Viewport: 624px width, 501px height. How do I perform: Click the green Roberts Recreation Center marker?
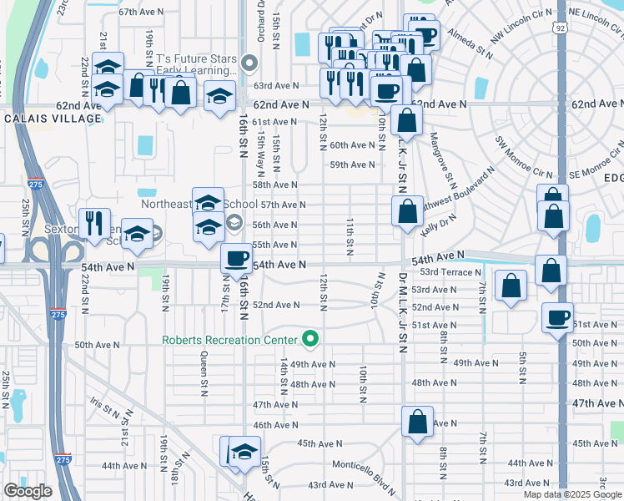point(311,339)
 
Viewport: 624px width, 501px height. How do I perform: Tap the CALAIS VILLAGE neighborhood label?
point(53,119)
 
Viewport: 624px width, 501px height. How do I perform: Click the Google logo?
point(28,491)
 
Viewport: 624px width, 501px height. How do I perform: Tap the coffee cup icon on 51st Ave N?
point(556,316)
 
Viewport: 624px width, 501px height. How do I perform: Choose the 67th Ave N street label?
point(139,13)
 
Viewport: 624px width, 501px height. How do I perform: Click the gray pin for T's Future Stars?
point(249,63)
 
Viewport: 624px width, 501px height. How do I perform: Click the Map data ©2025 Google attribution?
point(571,494)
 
